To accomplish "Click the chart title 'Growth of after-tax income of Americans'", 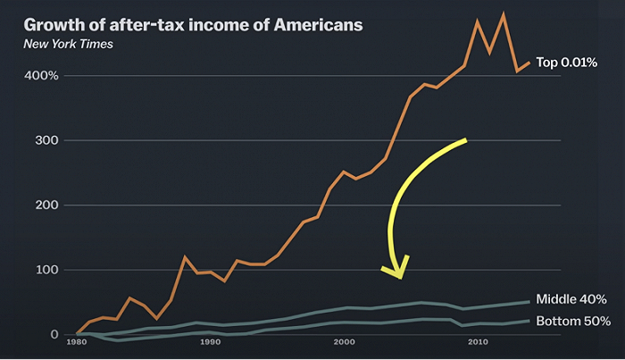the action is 194,25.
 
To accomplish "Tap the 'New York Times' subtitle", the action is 68,44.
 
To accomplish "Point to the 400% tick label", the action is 41,75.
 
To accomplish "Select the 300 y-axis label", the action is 46,140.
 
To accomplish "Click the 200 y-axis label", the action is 46,205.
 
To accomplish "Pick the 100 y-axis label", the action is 47,270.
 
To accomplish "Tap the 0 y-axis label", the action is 54,334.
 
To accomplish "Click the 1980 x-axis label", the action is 77,342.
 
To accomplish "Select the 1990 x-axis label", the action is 210,342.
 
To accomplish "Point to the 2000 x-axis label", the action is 344,342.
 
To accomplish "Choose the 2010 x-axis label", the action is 478,342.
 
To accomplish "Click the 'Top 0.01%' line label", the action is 566,63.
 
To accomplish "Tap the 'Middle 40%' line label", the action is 571,299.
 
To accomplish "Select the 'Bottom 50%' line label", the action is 573,321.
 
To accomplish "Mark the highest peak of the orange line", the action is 504,15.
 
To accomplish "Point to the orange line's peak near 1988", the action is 184,257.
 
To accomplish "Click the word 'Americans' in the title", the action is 319,25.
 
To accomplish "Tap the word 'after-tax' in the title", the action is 146,25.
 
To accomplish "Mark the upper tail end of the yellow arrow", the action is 465,140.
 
